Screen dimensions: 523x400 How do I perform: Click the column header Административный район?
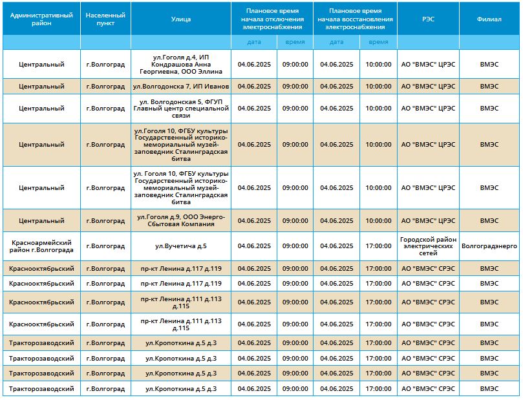click(x=41, y=19)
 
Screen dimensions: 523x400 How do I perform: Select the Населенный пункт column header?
click(x=105, y=19)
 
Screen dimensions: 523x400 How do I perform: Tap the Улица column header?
click(x=181, y=19)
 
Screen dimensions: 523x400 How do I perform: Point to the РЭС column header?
click(x=428, y=19)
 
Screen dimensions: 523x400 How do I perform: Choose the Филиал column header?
click(x=489, y=19)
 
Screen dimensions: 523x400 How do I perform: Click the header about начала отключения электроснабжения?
click(x=272, y=19)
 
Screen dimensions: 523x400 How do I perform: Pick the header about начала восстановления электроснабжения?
click(x=355, y=19)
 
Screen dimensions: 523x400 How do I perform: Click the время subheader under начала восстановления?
click(x=378, y=42)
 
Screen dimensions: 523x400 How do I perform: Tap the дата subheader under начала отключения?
click(x=254, y=42)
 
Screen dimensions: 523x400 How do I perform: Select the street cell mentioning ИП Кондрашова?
click(x=181, y=65)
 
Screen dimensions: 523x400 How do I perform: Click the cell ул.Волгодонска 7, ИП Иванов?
click(x=181, y=87)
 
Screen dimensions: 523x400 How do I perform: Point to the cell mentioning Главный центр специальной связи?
click(x=181, y=109)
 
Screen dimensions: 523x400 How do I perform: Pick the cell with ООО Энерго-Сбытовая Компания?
click(x=181, y=220)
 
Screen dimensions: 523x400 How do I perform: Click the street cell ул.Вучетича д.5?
click(x=181, y=246)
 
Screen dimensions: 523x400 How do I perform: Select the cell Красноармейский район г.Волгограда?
click(x=41, y=246)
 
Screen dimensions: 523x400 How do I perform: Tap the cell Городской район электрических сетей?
click(x=428, y=246)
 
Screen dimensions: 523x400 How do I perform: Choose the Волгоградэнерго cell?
click(x=489, y=246)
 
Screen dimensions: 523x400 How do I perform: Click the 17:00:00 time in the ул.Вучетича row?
click(x=378, y=246)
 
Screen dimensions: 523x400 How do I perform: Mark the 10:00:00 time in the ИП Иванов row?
click(x=378, y=87)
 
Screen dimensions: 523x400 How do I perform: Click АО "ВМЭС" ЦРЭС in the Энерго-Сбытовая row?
click(x=428, y=220)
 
